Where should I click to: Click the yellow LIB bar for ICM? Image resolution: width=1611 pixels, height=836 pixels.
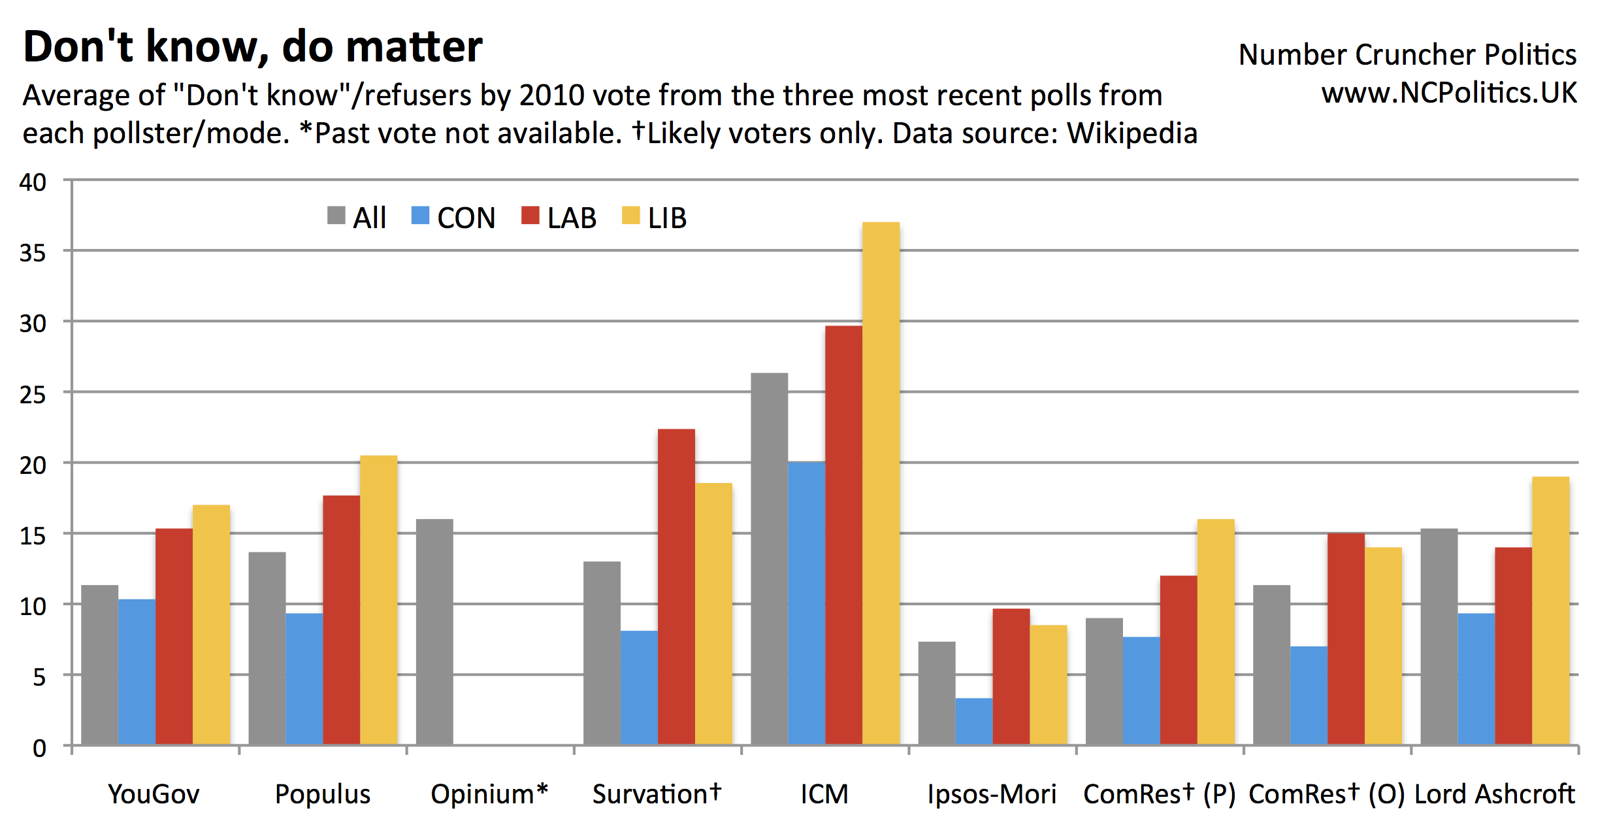881,484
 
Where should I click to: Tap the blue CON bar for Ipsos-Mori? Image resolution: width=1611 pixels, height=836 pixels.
973,722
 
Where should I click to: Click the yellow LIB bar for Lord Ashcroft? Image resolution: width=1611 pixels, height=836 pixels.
1550,611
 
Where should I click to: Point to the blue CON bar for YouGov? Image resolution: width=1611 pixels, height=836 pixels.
137,672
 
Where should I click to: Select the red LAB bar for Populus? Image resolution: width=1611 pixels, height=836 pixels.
341,620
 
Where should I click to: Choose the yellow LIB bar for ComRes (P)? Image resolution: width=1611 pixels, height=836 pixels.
1215,632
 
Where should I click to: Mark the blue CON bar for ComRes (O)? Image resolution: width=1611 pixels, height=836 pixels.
1309,695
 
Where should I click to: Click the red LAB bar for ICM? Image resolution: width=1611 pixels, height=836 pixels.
843,535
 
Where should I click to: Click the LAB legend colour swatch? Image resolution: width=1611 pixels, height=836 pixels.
530,216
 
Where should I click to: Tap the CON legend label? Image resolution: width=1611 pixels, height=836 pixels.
466,218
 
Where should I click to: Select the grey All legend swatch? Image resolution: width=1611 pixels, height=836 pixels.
336,216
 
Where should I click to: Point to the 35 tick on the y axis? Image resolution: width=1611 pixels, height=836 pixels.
33,253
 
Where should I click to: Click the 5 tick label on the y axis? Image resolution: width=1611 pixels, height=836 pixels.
39,677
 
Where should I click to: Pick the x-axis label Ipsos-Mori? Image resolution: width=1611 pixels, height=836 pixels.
991,794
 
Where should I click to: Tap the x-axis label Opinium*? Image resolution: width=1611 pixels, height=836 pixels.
489,794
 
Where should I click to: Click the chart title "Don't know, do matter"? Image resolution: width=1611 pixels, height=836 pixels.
252,47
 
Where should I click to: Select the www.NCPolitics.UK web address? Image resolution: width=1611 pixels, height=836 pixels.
1448,93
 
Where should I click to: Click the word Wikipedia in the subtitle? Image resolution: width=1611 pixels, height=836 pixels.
1131,133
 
